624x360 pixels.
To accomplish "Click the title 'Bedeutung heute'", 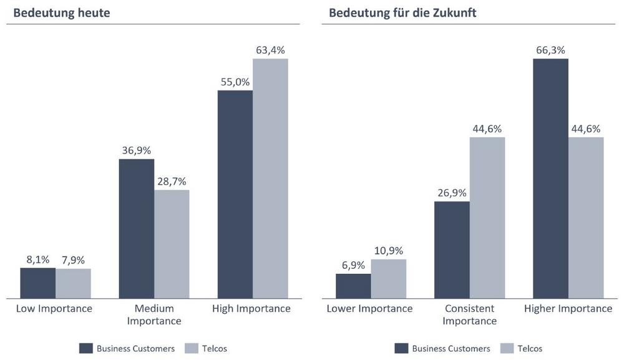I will coord(62,12).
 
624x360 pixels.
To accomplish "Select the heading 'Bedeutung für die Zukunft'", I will coord(402,12).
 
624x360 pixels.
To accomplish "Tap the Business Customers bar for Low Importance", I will coord(38,283).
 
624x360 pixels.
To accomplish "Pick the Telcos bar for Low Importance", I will coord(73,283).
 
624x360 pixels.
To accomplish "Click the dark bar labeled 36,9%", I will coord(137,228).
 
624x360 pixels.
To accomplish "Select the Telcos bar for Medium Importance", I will coord(172,244).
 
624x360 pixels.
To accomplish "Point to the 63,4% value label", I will coord(270,50).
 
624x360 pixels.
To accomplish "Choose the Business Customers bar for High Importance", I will coord(235,194).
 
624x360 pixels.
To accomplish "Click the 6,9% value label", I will coord(353,265).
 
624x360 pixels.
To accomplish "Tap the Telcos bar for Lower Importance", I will coord(389,279).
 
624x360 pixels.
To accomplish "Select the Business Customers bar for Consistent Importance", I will coord(452,250).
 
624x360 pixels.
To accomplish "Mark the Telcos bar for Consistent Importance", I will coord(487,217).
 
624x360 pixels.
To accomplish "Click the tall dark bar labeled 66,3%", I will coord(550,178).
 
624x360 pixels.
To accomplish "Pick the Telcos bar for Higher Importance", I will coord(586,217).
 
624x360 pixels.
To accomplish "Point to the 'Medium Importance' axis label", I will coord(154,315).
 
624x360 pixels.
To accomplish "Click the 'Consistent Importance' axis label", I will coord(470,315).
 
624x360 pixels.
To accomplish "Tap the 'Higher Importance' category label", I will coord(568,309).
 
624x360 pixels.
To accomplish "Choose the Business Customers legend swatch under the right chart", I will coord(402,348).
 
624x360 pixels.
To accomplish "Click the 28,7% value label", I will coord(172,181).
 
